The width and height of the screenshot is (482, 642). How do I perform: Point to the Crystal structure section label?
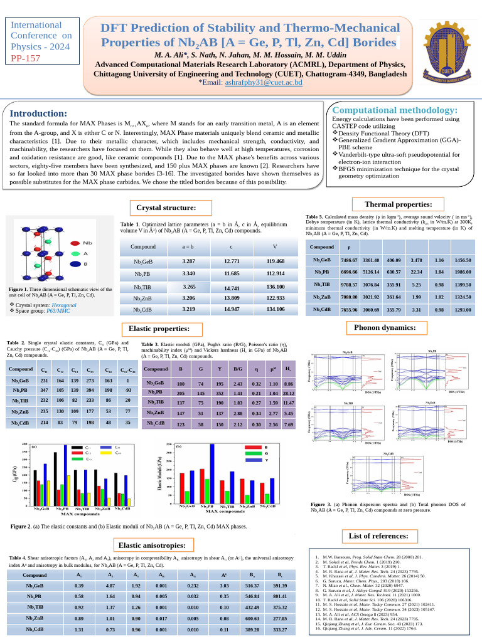click(166, 208)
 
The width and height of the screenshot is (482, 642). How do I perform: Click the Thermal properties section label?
click(402, 204)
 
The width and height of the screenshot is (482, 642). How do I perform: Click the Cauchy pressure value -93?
click(127, 389)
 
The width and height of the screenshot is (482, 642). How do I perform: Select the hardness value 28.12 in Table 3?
click(289, 393)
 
